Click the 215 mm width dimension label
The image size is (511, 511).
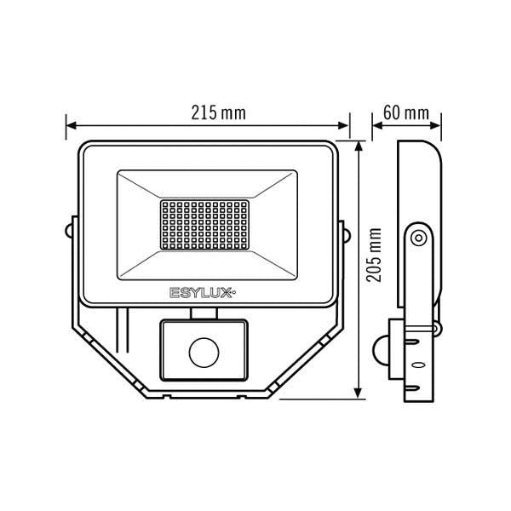tap(218, 112)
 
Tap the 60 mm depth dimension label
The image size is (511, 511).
tap(406, 112)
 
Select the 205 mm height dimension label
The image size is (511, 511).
tap(374, 255)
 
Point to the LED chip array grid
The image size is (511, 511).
tap(204, 225)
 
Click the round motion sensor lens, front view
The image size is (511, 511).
tap(204, 353)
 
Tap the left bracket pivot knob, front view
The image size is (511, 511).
tap(68, 231)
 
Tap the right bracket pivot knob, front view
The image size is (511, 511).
tap(347, 235)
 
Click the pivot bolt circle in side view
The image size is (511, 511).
tap(418, 238)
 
